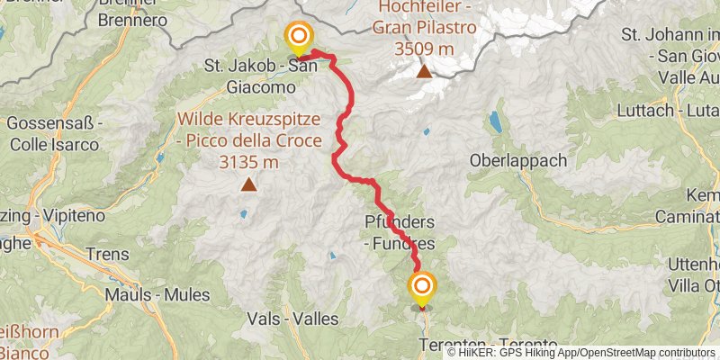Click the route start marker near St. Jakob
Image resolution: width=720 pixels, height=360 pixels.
[298, 38]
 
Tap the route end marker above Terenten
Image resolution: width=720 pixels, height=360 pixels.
[422, 288]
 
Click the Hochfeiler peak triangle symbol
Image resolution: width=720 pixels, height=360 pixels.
[422, 71]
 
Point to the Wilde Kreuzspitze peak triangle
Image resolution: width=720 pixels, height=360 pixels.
[247, 186]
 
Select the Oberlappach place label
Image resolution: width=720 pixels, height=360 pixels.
[518, 160]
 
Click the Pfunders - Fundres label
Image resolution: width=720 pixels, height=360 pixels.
[400, 232]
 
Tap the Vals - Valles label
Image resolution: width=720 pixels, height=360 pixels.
[296, 319]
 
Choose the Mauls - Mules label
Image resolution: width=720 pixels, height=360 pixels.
[157, 294]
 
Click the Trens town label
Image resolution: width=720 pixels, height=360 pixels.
[110, 254]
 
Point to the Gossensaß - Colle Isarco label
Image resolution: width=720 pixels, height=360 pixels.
[54, 131]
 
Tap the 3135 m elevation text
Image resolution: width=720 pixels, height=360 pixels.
[247, 162]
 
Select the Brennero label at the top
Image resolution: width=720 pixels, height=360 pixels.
[131, 19]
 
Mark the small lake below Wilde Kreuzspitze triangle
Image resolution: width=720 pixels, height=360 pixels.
[242, 214]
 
